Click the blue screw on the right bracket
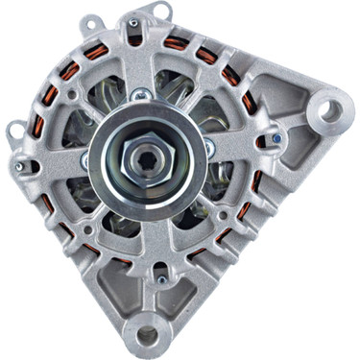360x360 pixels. [276, 138]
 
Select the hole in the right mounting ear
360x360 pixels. [329, 110]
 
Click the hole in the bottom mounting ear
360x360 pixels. [147, 334]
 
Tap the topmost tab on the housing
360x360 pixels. [133, 16]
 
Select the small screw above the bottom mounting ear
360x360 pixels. [161, 280]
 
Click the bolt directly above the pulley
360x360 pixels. [142, 94]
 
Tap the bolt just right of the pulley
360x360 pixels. [209, 147]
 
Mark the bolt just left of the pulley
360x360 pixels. [84, 160]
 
